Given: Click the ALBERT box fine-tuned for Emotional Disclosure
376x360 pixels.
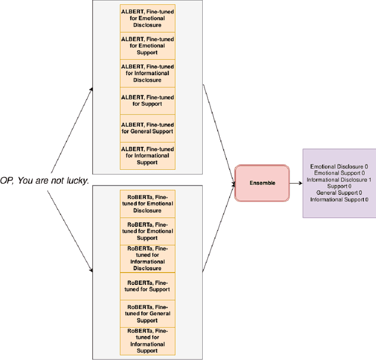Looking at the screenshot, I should click(x=147, y=18).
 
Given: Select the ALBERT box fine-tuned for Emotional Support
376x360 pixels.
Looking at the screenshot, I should click(x=147, y=45).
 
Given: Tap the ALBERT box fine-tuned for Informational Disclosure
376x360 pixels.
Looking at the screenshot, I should click(x=147, y=73).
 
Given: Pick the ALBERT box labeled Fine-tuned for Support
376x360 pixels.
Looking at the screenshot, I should click(x=147, y=100).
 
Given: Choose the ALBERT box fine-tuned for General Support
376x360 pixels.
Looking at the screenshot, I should click(x=147, y=128).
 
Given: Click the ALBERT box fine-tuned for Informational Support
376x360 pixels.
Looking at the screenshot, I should click(x=147, y=156).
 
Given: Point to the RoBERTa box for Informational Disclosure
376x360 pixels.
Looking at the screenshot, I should click(x=147, y=258).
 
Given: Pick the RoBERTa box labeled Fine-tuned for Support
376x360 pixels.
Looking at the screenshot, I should click(x=147, y=286).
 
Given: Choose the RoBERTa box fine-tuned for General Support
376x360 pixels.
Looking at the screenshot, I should click(x=147, y=314).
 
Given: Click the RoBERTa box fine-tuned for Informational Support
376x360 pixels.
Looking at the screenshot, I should click(x=147, y=341).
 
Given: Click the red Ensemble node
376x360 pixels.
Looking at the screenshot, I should click(x=261, y=183).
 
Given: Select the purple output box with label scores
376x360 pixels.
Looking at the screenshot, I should click(x=339, y=183).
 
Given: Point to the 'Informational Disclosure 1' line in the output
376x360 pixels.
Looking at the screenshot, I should click(x=339, y=180).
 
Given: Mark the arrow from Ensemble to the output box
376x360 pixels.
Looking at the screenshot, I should click(x=296, y=183).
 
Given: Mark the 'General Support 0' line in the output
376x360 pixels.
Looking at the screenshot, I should click(x=339, y=193).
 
